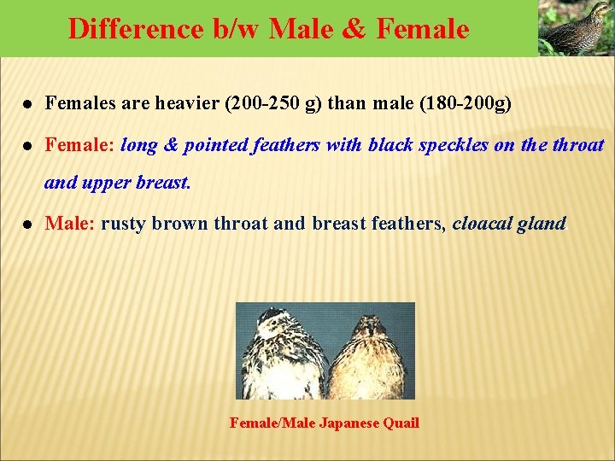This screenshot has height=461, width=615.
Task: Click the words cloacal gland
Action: click(x=508, y=224)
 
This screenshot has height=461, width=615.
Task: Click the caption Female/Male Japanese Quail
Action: click(x=325, y=423)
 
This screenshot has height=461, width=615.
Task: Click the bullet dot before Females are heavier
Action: click(x=28, y=104)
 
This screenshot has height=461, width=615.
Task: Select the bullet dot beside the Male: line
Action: click(x=28, y=225)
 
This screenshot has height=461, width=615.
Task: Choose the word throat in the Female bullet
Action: click(x=577, y=145)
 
